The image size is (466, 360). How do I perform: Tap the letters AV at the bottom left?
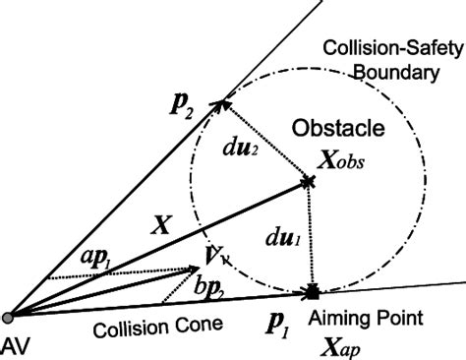18,343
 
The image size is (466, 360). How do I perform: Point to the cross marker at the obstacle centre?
309,181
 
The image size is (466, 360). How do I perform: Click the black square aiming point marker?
312,291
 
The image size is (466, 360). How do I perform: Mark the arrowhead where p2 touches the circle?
225,99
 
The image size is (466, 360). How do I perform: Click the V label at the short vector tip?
213,258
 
